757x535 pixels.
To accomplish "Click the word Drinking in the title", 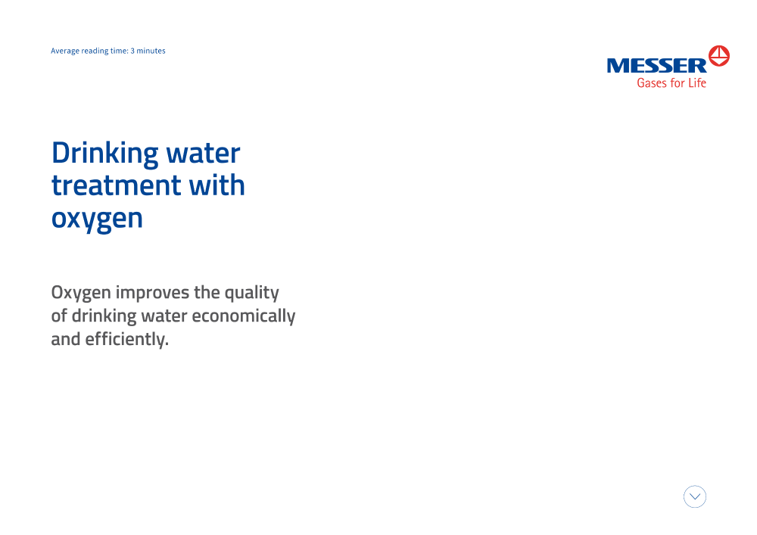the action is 104,154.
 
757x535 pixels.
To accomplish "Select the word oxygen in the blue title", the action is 97,219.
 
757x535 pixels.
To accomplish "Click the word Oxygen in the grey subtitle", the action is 81,294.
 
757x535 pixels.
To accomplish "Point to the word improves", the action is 153,292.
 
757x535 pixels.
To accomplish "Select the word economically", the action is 243,316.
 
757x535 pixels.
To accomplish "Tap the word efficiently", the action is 127,340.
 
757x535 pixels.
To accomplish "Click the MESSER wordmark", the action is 656,66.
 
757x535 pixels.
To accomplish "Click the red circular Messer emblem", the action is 719,56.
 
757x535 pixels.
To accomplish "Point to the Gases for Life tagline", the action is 671,83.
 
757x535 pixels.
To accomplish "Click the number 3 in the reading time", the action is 132,51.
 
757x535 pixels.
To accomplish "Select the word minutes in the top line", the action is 151,51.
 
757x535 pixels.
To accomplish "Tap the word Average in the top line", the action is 65,51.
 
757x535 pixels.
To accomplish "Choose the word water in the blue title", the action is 203,154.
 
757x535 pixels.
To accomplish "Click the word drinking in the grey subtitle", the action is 104,316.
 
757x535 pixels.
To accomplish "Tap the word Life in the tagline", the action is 697,83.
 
